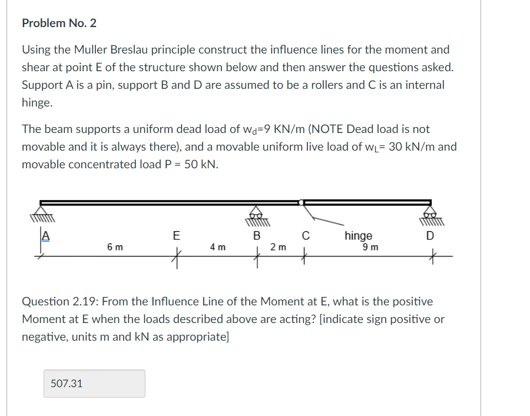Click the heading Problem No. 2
coord(59,24)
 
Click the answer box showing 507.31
coord(94,384)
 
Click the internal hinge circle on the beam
coord(302,203)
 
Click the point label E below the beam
coord(175,237)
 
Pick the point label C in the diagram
coord(305,237)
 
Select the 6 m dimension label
coord(115,247)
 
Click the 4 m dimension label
coord(217,247)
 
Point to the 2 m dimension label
coord(279,247)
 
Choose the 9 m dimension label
coord(370,247)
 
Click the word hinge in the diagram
coord(358,236)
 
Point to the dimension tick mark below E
coord(175,257)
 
